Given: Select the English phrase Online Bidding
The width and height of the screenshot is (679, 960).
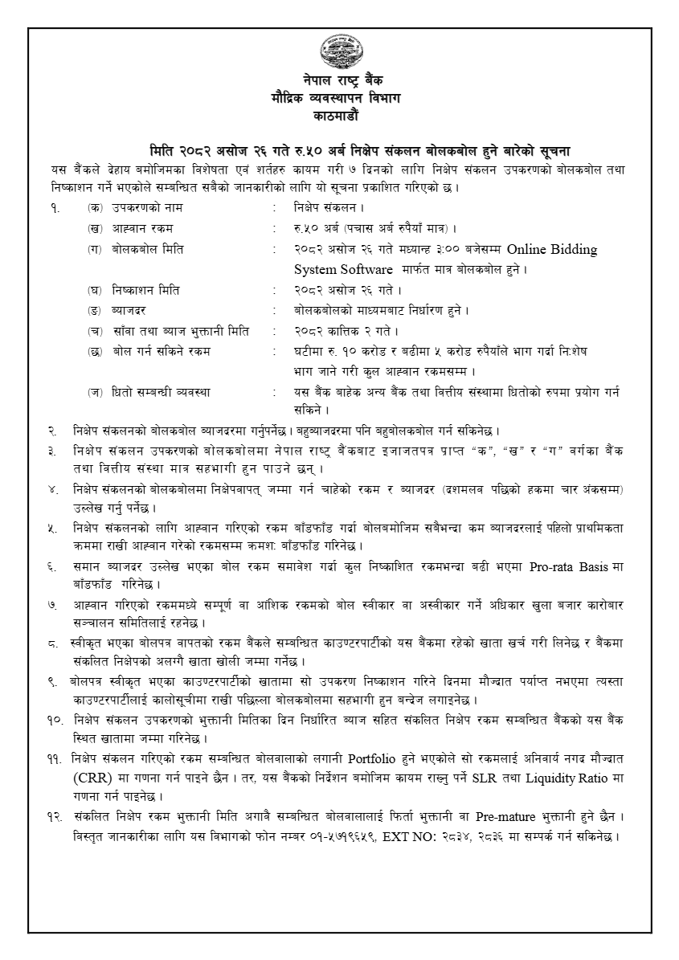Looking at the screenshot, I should [552, 249].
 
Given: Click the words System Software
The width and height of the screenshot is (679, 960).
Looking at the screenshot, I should [343, 268].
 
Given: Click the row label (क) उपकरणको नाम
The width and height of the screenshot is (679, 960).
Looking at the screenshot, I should [133, 208].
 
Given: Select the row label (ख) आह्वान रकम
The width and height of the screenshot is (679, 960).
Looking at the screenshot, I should [129, 229].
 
